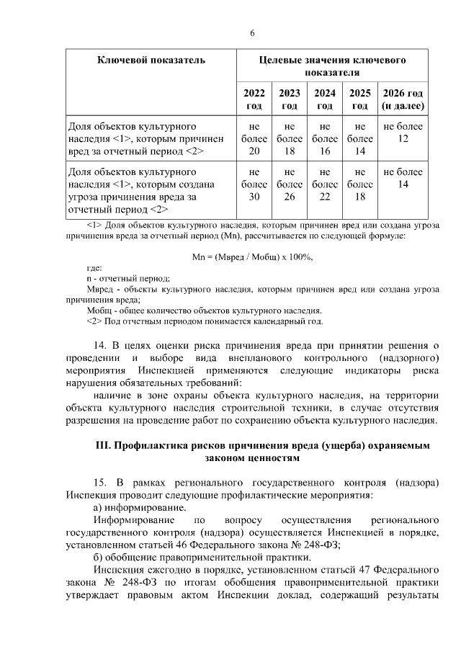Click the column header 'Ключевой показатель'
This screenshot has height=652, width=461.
[x=151, y=60]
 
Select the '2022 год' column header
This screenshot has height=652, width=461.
[x=254, y=100]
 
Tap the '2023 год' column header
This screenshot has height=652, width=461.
[x=290, y=100]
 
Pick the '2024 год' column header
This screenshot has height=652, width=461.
[x=325, y=100]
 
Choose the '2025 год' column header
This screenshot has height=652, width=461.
[x=360, y=100]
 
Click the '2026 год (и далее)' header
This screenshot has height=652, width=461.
[x=403, y=100]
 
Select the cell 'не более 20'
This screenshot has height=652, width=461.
[x=254, y=139]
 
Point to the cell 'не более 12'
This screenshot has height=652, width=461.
[x=403, y=133]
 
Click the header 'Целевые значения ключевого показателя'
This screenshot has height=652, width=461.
[x=331, y=66]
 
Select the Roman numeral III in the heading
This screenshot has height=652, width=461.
[x=102, y=446]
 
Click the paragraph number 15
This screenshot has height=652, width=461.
[x=101, y=481]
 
